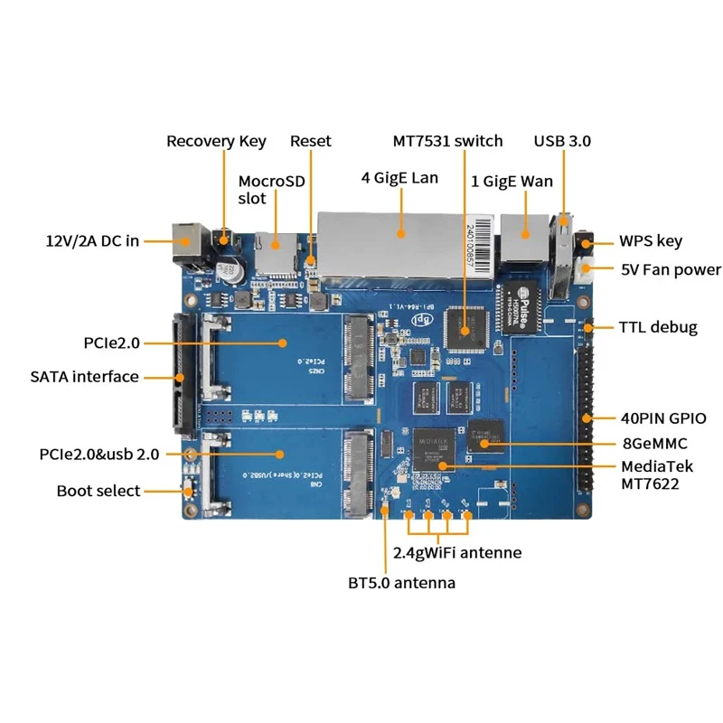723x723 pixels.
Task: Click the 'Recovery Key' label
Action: (216, 141)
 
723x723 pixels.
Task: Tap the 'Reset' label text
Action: (310, 141)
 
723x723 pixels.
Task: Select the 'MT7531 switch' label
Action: (447, 141)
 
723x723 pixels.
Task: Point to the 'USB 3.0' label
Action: (562, 141)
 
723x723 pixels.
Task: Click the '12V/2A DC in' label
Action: (92, 241)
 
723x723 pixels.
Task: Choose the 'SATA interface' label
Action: (84, 377)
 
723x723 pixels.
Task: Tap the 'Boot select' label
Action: (99, 491)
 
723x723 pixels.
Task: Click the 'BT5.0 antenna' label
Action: (402, 583)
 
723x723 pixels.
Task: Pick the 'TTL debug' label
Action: (658, 327)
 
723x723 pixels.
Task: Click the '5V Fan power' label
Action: (671, 269)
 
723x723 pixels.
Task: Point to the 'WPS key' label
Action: (650, 241)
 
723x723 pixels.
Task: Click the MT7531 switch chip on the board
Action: (466, 329)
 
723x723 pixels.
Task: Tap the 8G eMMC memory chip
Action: (488, 437)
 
